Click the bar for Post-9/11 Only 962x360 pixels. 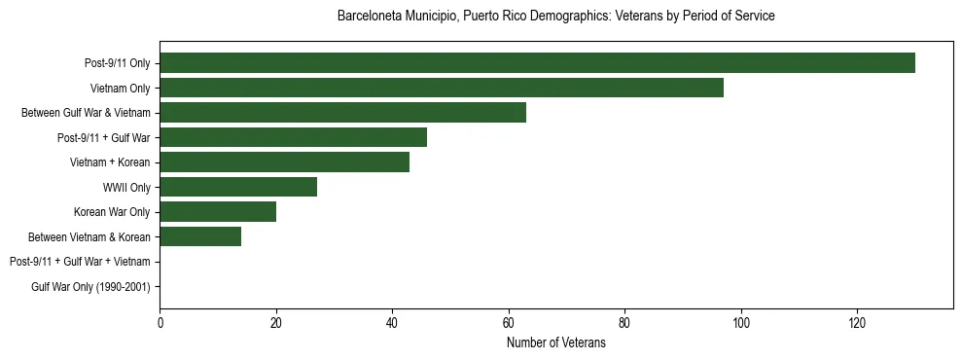[537, 63]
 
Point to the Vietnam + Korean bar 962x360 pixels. [284, 162]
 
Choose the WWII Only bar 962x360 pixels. [238, 187]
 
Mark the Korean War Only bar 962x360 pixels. [218, 211]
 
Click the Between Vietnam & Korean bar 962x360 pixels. [200, 236]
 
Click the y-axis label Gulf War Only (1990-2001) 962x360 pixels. [90, 286]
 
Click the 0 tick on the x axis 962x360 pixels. [160, 322]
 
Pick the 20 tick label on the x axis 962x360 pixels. [276, 322]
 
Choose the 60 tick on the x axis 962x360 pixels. [509, 322]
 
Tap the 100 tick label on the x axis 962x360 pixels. [741, 322]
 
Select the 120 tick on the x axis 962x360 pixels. [857, 322]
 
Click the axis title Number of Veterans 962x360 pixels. [555, 342]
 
